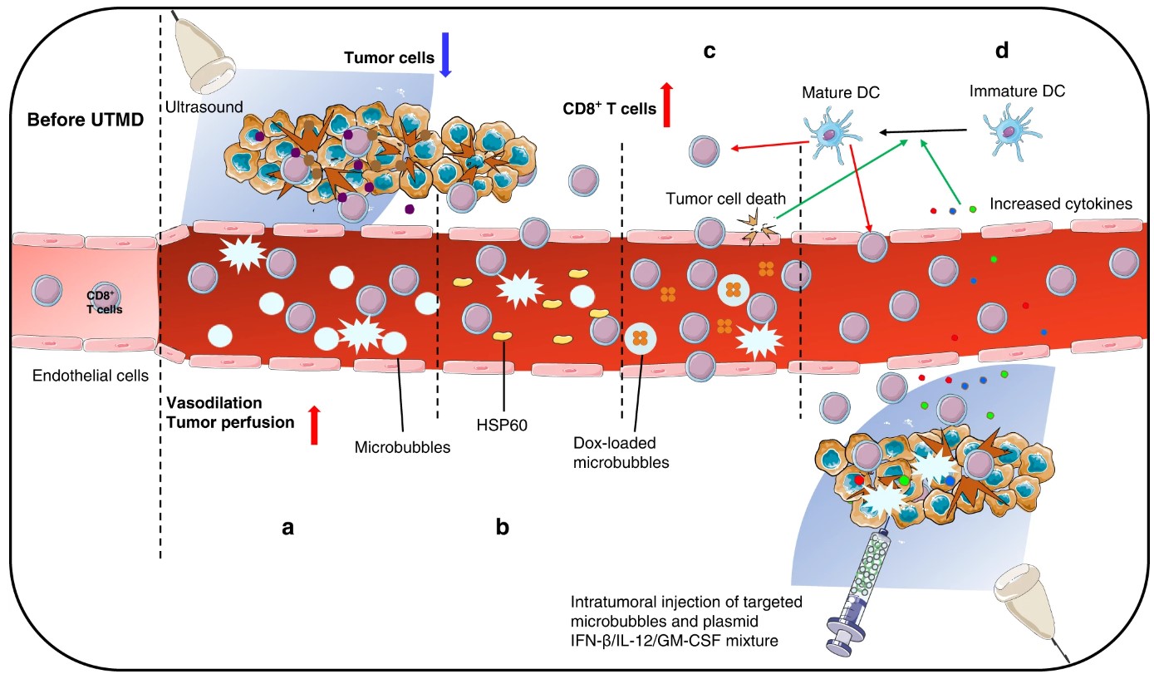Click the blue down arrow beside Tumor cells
[x=444, y=56]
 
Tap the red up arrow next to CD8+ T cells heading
[x=665, y=106]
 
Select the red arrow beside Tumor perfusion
[x=314, y=425]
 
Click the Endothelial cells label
[x=90, y=376]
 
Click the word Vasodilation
[x=214, y=402]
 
